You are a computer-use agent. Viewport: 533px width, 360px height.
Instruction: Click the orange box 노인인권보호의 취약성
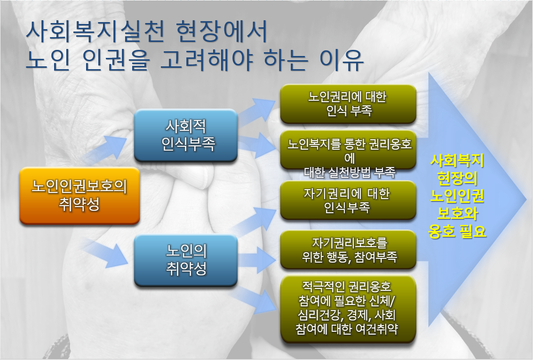(80, 195)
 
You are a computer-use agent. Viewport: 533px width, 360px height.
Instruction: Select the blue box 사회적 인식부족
(186, 135)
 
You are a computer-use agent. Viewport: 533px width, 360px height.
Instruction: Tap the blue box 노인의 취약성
(186, 260)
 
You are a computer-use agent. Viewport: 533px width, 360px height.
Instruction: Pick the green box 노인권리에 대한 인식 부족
(348, 104)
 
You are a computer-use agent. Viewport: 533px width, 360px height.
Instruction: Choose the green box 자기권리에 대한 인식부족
(348, 200)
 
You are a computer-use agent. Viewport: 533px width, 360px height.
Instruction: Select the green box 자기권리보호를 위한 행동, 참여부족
(348, 249)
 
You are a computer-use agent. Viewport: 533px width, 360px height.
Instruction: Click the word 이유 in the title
(341, 60)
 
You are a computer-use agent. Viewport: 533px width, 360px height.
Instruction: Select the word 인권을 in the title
(116, 60)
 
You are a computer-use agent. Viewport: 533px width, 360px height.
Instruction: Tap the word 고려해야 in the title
(207, 60)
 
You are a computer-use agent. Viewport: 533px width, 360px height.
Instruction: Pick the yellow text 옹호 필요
(457, 231)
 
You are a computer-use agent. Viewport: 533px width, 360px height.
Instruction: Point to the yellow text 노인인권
(457, 195)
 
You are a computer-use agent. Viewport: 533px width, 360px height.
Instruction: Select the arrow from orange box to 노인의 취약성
(105, 252)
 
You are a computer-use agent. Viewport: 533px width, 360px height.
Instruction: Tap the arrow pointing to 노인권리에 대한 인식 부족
(256, 111)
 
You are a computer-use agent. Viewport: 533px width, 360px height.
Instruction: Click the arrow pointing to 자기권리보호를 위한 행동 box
(256, 260)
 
